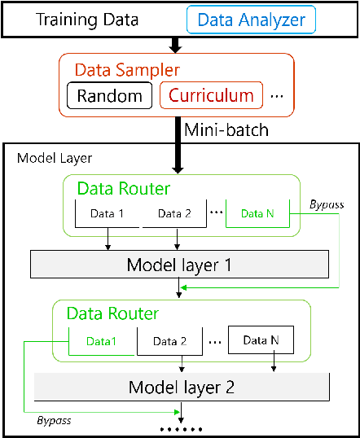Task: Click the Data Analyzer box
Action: point(251,18)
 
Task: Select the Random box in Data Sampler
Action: point(110,96)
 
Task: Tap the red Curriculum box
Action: point(212,96)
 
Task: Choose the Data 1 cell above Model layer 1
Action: point(109,213)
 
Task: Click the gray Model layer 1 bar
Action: point(178,265)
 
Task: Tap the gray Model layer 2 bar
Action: point(181,386)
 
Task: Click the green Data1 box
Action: point(102,340)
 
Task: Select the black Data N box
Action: point(261,340)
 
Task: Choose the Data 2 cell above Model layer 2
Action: point(171,340)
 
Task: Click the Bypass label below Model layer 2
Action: point(55,421)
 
